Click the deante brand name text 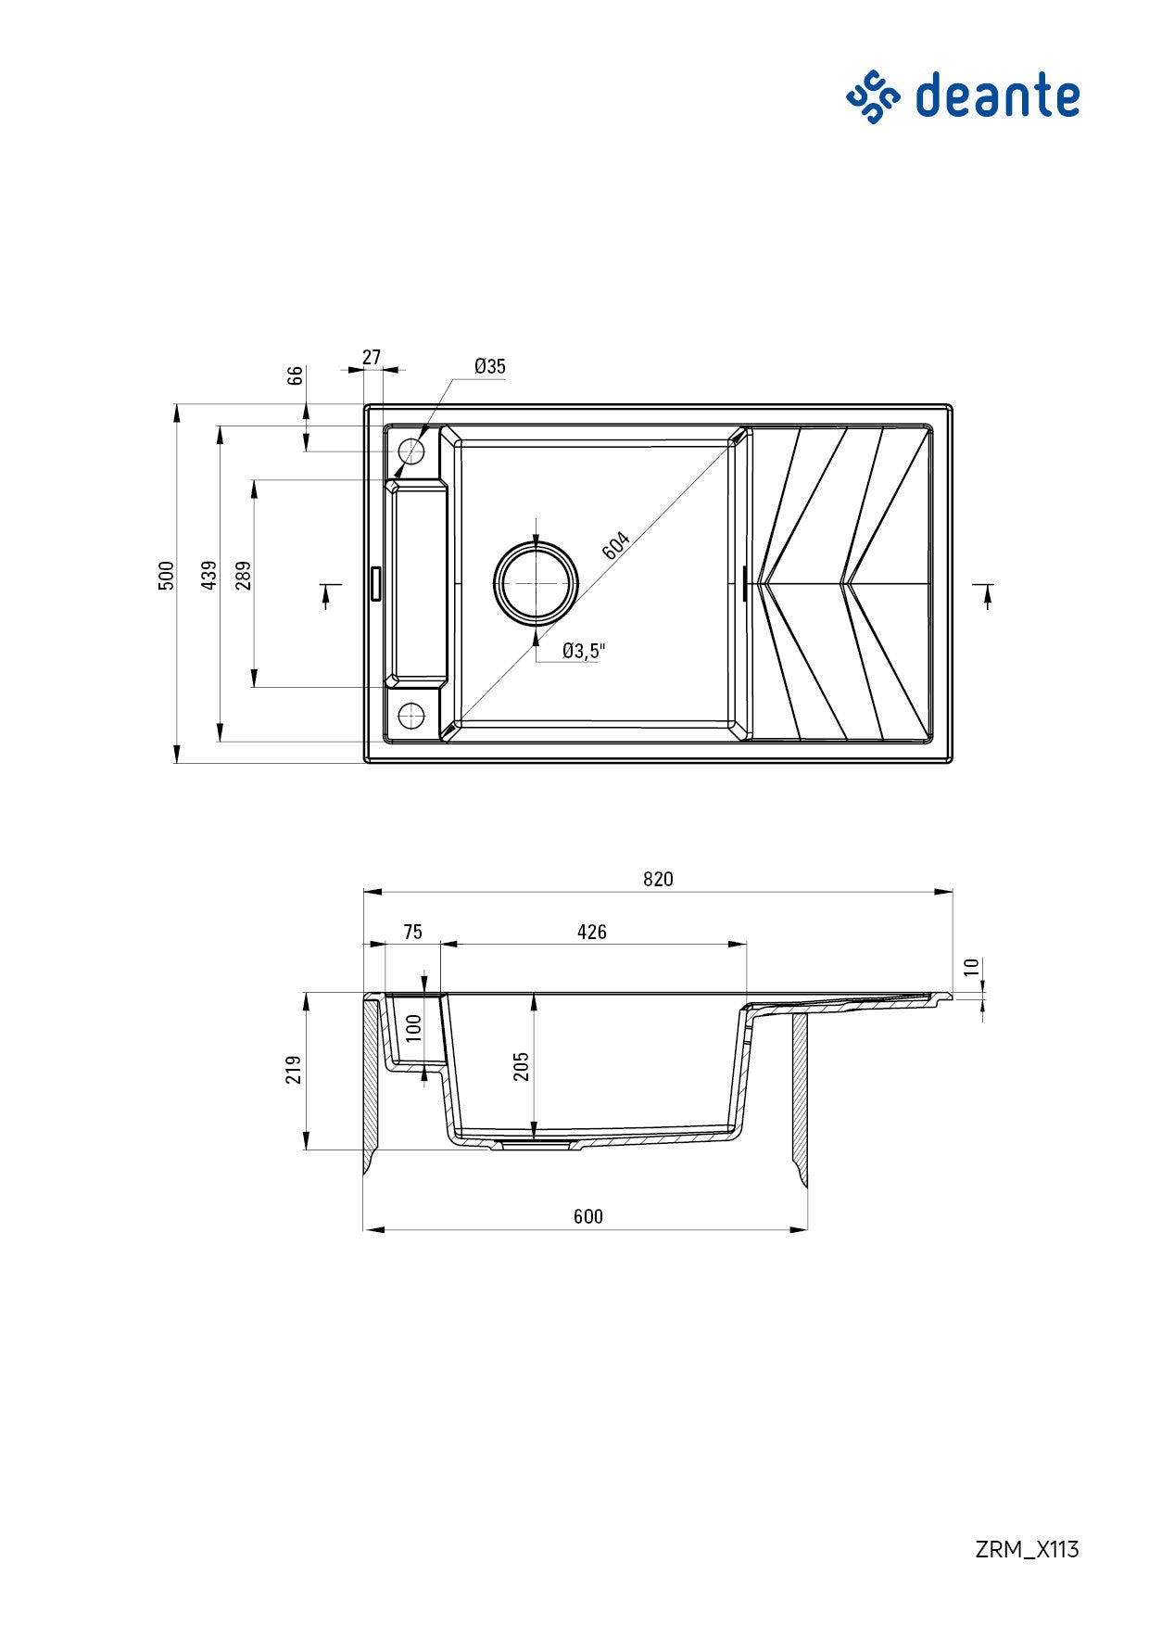[x=997, y=95]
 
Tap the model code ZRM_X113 [x=1027, y=1549]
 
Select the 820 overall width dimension [x=658, y=879]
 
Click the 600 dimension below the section [x=587, y=1216]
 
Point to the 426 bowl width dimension [x=591, y=932]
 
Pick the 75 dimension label [x=412, y=932]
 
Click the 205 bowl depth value [x=521, y=1066]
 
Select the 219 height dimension [x=294, y=1070]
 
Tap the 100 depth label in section [x=414, y=1027]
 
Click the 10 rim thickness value [x=970, y=967]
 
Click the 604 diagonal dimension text [x=616, y=546]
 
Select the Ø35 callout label [x=489, y=366]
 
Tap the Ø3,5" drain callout [x=583, y=651]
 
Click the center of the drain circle [x=536, y=583]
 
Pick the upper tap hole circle [x=410, y=451]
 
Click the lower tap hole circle [x=410, y=715]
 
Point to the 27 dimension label [x=372, y=357]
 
